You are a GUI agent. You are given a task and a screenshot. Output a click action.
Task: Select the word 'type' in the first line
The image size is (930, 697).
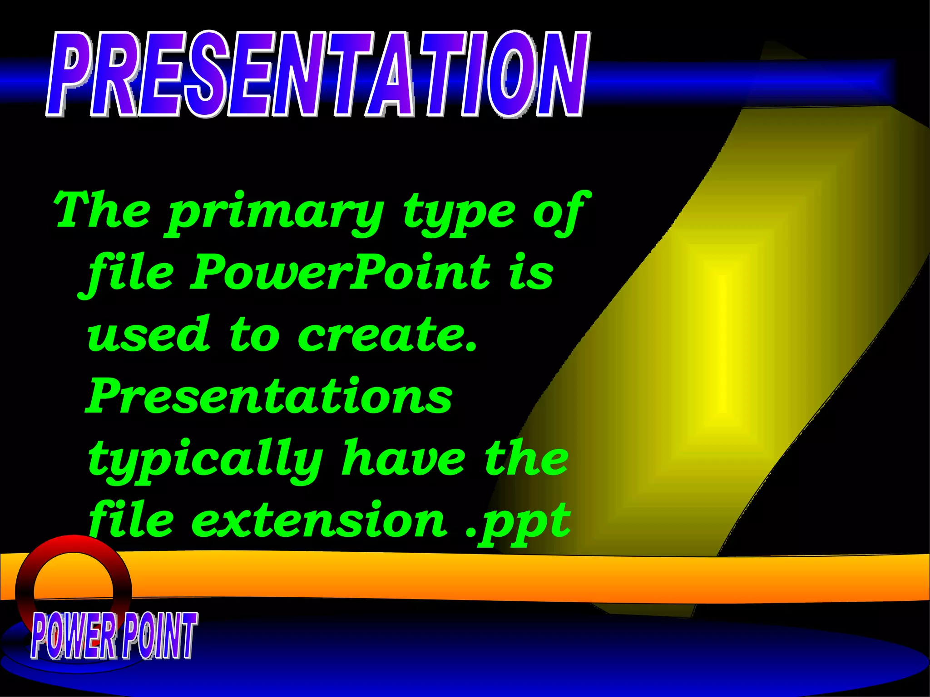pos(459,213)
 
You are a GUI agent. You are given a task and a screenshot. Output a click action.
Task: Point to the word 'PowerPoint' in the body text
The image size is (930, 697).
pos(341,272)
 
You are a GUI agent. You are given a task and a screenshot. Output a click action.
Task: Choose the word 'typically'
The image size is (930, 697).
pos(204,459)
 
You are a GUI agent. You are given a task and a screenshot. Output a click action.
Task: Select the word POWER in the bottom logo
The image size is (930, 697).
pos(73,635)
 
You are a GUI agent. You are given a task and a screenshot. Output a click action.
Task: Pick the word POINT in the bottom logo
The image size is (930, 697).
pos(159,635)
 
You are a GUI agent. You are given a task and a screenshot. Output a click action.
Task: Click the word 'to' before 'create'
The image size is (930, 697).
pos(253,335)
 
